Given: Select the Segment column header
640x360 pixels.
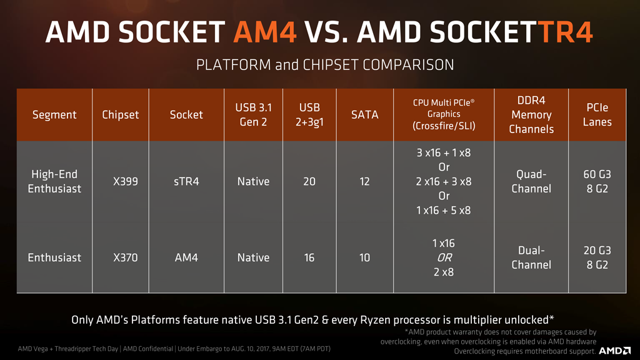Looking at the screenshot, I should coord(54,115).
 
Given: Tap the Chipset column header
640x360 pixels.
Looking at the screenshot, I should coord(121,115).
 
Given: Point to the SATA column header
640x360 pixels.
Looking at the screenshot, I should coord(364,115).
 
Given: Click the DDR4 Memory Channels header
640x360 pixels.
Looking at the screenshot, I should coord(531,115).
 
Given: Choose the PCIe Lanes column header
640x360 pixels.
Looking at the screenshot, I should coord(597,115).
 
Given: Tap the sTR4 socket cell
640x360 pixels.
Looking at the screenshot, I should coord(186,181).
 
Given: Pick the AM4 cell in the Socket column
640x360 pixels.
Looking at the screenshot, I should coord(186,257).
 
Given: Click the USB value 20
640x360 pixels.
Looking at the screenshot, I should coord(309,181).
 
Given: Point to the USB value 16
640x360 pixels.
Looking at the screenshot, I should coord(309,257).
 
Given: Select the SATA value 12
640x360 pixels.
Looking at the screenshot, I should coord(364,181).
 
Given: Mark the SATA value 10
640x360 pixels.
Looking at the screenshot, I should coord(364,257).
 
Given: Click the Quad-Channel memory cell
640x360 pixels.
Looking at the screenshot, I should coord(531,181).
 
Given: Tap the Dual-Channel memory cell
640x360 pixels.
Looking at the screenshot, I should coord(531,257).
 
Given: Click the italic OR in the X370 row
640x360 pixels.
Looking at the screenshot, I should coord(444,257).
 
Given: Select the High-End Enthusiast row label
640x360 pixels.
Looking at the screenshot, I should coord(54,181).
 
